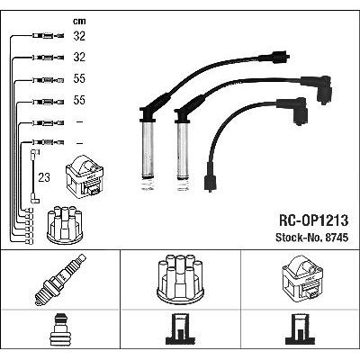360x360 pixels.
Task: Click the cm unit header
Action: (79, 22)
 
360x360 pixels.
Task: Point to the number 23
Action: (44, 177)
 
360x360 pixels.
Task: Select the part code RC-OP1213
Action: (314, 220)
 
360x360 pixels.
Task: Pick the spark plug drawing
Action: (60, 280)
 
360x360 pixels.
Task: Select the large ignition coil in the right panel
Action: (302, 279)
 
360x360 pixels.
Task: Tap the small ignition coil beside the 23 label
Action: (85, 176)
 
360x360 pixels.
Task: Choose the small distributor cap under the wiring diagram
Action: (65, 225)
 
